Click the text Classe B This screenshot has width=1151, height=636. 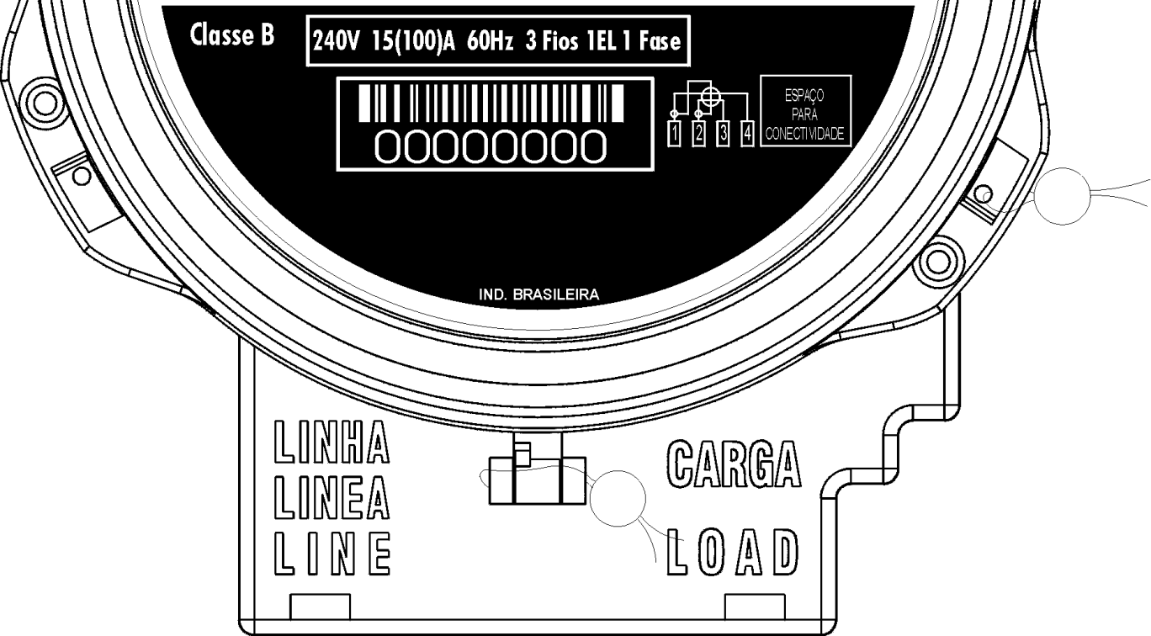(231, 35)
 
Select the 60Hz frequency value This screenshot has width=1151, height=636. (490, 41)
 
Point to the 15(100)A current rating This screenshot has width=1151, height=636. (413, 41)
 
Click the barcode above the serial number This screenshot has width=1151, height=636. (491, 103)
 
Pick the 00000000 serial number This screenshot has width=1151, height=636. (491, 147)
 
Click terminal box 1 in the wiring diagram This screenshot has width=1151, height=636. (674, 133)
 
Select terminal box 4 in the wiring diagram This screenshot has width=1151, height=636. (747, 133)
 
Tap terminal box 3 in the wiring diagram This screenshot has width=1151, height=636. (723, 133)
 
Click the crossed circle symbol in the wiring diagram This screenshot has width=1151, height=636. (710, 97)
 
